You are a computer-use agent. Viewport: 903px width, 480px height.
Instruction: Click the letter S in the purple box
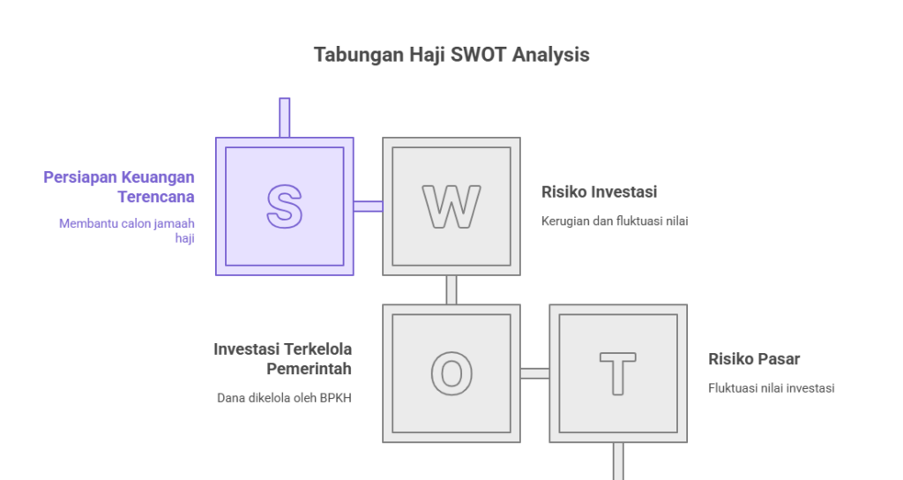pyautogui.click(x=284, y=206)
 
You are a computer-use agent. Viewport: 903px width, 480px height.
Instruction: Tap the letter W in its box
pyautogui.click(x=451, y=206)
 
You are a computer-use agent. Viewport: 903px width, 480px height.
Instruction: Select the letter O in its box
pyautogui.click(x=451, y=373)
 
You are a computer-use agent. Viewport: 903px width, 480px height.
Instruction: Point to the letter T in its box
pyautogui.click(x=617, y=373)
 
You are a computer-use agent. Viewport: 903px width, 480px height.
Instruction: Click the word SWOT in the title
pyautogui.click(x=477, y=55)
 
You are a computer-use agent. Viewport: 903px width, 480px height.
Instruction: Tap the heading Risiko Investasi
pyautogui.click(x=599, y=191)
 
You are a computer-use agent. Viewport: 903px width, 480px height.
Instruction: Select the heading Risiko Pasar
pyautogui.click(x=754, y=359)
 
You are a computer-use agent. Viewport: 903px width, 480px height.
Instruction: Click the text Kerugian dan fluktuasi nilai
pyautogui.click(x=614, y=221)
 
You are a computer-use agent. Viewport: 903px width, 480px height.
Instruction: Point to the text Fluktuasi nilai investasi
pyautogui.click(x=771, y=387)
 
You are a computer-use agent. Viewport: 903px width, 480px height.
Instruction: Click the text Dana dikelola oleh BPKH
pyautogui.click(x=284, y=397)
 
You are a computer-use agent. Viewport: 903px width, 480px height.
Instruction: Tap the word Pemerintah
pyautogui.click(x=309, y=369)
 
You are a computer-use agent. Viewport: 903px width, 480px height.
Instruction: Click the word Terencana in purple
pyautogui.click(x=156, y=197)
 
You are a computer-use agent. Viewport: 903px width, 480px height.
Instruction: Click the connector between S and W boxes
pyautogui.click(x=368, y=206)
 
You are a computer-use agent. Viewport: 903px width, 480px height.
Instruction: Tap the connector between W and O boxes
pyautogui.click(x=451, y=289)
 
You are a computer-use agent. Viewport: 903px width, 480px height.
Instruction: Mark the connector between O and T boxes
pyautogui.click(x=534, y=373)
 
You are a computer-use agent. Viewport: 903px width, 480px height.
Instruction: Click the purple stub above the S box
pyautogui.click(x=284, y=117)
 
